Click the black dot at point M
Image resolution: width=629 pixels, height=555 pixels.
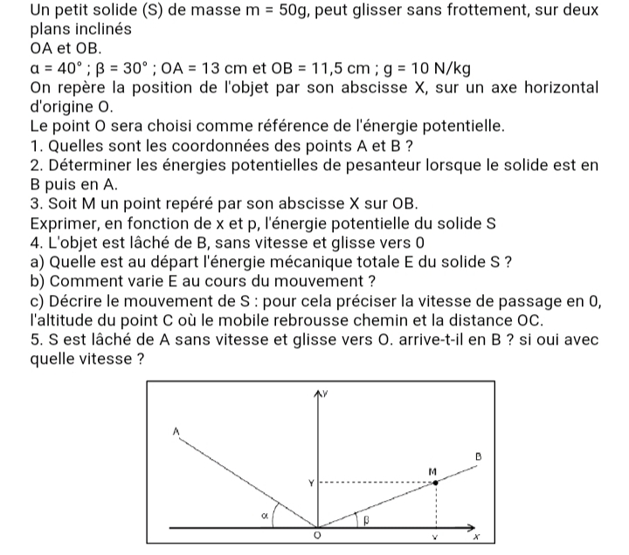[435, 481]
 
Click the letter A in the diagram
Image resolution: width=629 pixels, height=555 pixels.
[175, 430]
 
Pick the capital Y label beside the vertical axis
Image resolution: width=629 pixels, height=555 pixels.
[308, 483]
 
